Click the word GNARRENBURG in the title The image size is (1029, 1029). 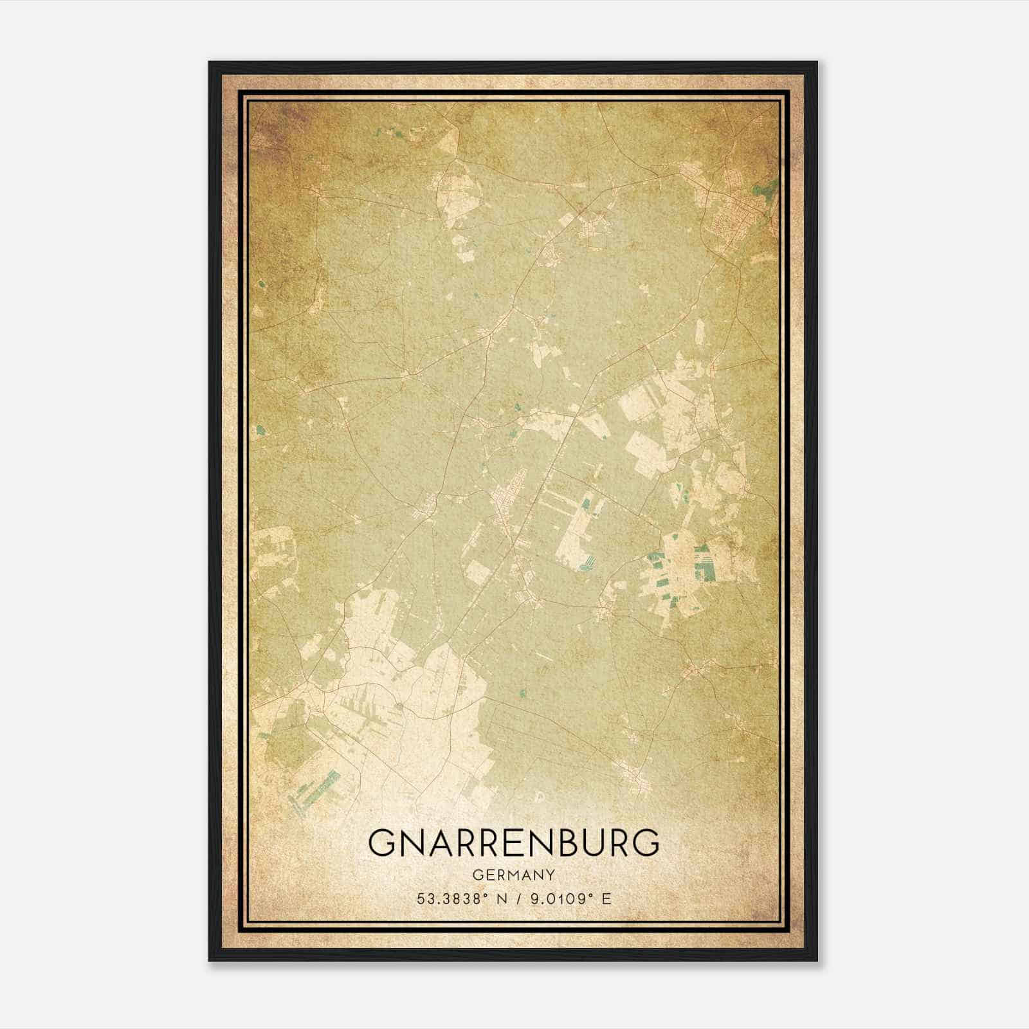[x=514, y=842]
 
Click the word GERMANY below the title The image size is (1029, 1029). [x=514, y=875]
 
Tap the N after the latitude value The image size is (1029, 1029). [x=500, y=899]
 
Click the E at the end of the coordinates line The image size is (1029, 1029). [x=606, y=899]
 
